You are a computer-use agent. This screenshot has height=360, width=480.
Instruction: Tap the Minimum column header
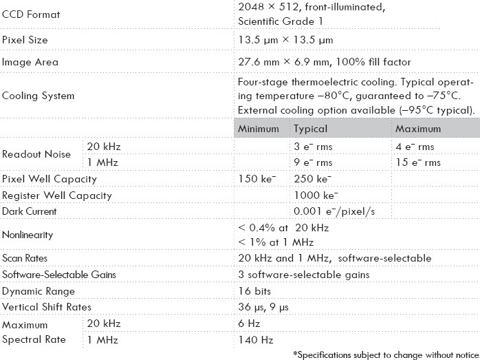[x=259, y=129]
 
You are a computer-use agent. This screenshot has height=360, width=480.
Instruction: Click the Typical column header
[x=311, y=129]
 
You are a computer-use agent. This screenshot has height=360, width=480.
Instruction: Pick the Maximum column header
[x=418, y=129]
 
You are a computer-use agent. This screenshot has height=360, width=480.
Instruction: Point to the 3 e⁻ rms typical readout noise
[x=313, y=147]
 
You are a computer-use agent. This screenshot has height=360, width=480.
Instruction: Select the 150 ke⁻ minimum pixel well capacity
[x=257, y=179]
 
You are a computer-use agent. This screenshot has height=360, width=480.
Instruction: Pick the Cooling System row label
[x=37, y=96]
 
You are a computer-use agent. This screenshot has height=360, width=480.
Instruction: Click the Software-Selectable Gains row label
[x=58, y=275]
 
